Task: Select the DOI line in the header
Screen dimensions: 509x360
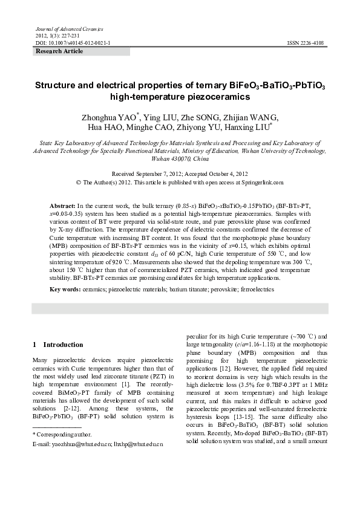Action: point(73,44)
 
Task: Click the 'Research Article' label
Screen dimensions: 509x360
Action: point(59,51)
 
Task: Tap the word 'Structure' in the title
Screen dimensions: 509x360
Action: point(57,85)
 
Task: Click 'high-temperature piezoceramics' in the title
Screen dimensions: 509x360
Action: point(180,96)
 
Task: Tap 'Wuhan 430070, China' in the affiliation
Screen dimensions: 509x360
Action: point(180,159)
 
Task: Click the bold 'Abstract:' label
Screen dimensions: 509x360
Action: point(62,206)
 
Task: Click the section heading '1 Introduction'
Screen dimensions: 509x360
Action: point(57,345)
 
